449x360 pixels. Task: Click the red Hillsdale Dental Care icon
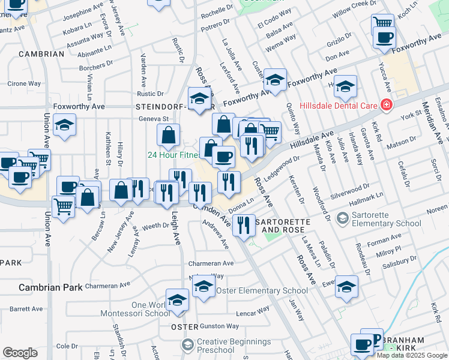pos(387,106)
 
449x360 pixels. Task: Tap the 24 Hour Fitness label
pos(174,155)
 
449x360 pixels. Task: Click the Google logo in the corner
pos(20,352)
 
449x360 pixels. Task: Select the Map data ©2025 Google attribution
pos(412,355)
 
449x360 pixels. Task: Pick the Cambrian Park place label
pos(50,287)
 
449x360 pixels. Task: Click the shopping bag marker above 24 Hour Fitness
pos(168,135)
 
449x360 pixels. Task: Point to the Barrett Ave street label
pos(26,309)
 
